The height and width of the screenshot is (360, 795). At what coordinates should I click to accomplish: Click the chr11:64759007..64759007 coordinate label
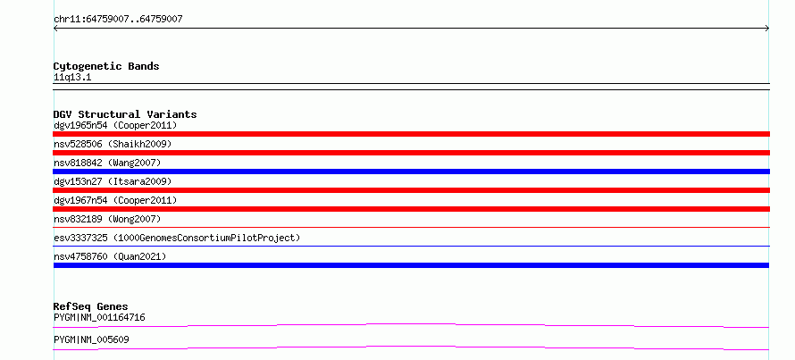118,20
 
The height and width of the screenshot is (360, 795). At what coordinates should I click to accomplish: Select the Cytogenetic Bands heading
106,66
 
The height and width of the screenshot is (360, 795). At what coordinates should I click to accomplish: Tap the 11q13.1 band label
72,78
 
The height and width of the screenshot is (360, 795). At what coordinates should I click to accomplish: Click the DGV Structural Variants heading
125,114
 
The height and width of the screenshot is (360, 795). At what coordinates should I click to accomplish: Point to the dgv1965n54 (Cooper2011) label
115,125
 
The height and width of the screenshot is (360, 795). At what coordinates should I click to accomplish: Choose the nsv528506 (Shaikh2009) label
113,144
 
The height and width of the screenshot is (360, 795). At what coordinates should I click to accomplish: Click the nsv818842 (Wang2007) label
107,163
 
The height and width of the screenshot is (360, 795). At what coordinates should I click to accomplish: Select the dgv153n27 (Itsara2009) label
113,181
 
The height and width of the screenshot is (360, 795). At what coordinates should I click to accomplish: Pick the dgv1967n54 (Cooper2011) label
115,200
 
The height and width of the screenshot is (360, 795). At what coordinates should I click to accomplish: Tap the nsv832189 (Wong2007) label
107,219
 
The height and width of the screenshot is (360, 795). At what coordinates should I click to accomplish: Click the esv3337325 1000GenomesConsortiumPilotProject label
177,238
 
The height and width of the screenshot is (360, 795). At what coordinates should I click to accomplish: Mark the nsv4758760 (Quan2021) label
110,256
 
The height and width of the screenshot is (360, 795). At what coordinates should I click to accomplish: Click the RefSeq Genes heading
91,306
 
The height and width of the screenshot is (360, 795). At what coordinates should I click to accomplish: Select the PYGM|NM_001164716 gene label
99,318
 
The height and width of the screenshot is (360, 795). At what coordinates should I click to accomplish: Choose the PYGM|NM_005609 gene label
91,339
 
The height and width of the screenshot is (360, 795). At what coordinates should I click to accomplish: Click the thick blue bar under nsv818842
411,172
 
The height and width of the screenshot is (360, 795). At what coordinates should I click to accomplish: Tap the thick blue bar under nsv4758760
411,265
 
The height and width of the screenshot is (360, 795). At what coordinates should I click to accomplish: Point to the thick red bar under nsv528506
411,153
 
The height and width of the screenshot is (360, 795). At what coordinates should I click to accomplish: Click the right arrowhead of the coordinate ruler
768,29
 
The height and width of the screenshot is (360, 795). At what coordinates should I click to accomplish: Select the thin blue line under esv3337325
411,247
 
